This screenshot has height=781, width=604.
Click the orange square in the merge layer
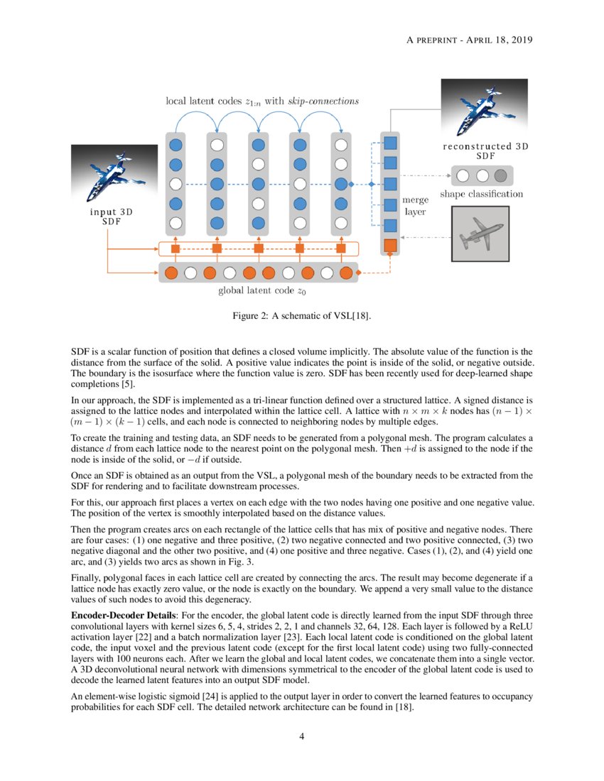pyautogui.click(x=390, y=246)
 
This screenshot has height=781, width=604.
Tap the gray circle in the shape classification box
pyautogui.click(x=501, y=175)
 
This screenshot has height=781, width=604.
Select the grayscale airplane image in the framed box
pyautogui.click(x=480, y=234)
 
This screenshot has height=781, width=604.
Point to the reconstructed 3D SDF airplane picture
pyautogui.click(x=486, y=109)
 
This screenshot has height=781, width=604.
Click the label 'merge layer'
pyautogui.click(x=415, y=206)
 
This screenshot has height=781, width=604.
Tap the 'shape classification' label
pyautogui.click(x=481, y=194)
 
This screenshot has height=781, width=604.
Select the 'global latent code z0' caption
pyautogui.click(x=262, y=290)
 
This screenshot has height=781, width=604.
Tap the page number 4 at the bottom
pyautogui.click(x=302, y=736)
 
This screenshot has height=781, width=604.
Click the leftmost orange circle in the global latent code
pyautogui.click(x=171, y=273)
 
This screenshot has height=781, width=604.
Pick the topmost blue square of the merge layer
pyautogui.click(x=390, y=143)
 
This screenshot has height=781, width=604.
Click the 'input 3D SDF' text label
pyautogui.click(x=111, y=217)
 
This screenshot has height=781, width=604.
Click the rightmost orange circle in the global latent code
pyautogui.click(x=346, y=273)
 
